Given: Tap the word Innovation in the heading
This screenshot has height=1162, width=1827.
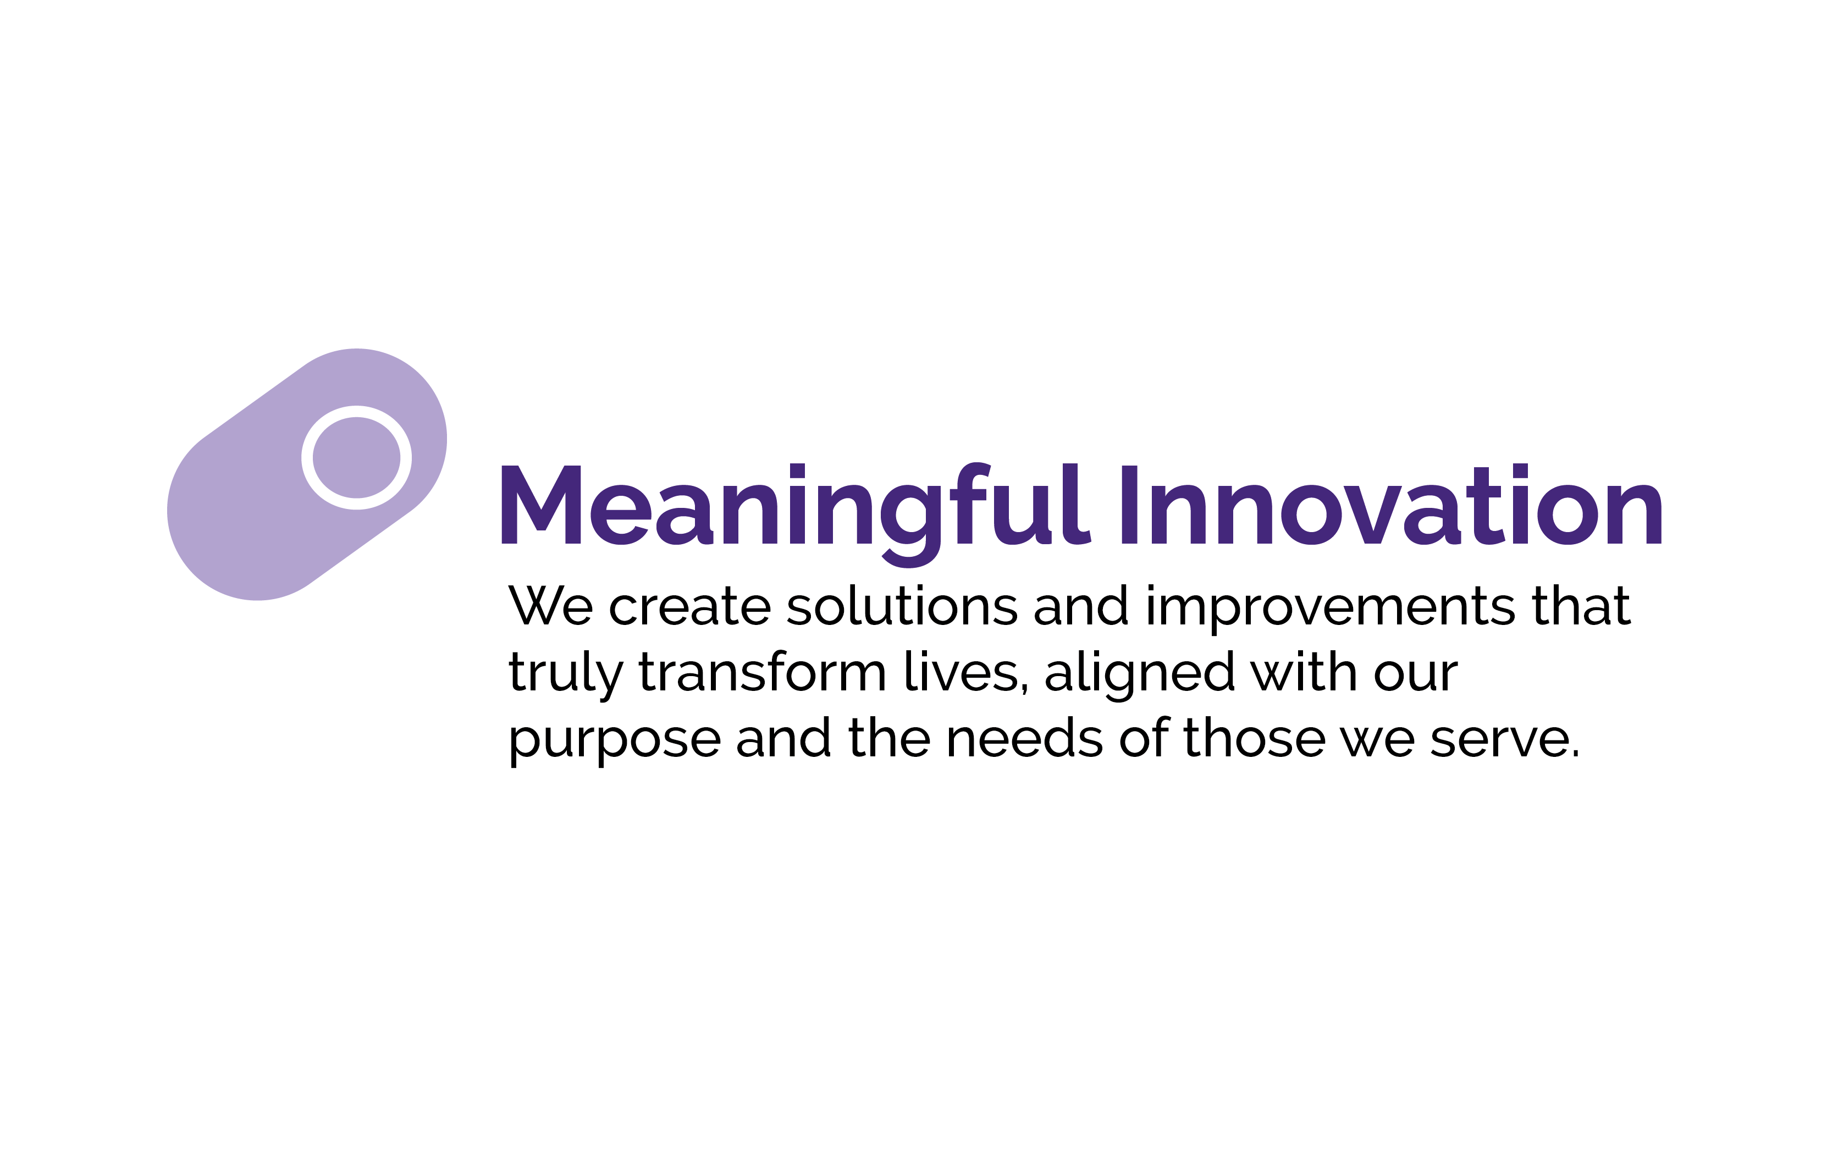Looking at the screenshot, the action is [1392, 505].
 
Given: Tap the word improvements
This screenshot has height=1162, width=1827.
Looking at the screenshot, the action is [1331, 609].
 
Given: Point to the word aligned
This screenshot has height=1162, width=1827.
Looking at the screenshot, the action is [1140, 675].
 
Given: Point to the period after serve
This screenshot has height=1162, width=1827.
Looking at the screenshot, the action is [1575, 755].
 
